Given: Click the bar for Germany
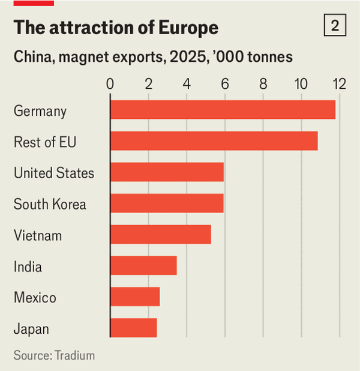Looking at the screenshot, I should [223, 110].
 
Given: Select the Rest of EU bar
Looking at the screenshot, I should [214, 141].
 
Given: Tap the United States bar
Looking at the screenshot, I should [167, 172].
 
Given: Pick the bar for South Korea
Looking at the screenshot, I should [167, 204].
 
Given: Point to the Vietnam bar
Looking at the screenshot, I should [161, 235].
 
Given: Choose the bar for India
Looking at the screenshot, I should [143, 265].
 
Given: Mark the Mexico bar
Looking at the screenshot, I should [135, 297].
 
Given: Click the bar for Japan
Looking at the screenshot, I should [134, 328].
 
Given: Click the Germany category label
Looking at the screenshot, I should [40, 111].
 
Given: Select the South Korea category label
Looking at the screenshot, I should [50, 204].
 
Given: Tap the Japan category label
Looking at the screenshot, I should [31, 329].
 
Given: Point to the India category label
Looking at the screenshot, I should [28, 267].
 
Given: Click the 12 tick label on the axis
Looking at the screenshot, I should [340, 83].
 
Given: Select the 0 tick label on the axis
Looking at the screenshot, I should [110, 83].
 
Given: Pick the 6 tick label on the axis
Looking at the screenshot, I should [225, 83].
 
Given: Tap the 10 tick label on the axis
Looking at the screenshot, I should [301, 83].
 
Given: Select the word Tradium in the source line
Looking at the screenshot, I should [75, 355].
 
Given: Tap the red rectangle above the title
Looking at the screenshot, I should [34, 3].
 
